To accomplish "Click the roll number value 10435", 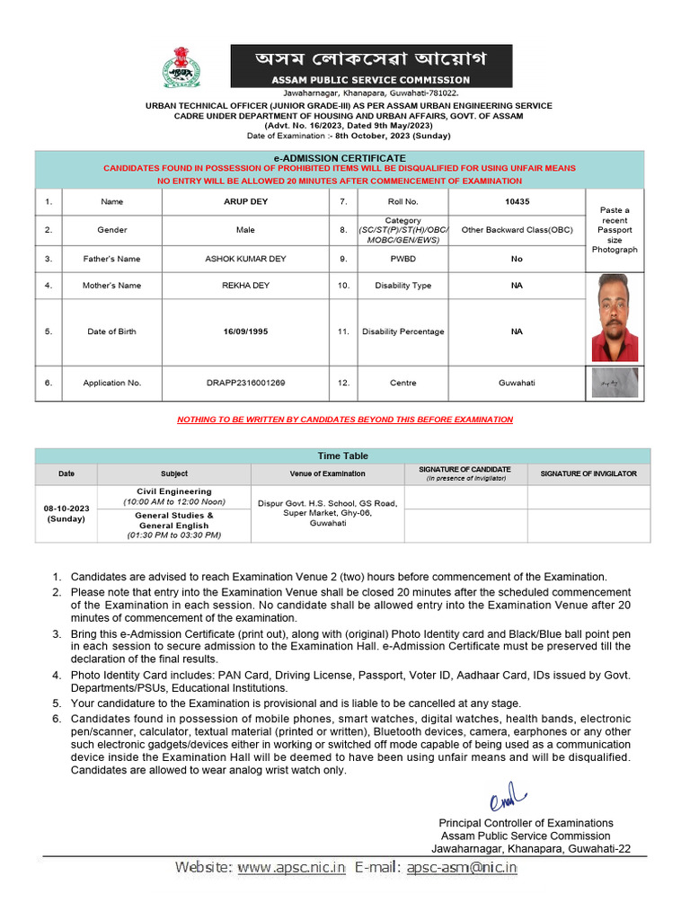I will (517, 202).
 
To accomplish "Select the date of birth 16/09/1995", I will (245, 332).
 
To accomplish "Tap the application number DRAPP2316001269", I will (245, 383).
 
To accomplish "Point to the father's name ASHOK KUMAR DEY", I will (245, 259).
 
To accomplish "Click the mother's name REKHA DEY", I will (245, 286).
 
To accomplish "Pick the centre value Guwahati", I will (517, 383).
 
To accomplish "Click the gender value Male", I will (245, 230).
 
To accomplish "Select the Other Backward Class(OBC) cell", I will (517, 230).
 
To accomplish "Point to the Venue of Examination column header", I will (327, 473).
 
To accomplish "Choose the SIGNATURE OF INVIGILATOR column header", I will (588, 473).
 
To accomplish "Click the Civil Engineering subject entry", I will (174, 491).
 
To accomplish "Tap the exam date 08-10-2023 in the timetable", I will (66, 509).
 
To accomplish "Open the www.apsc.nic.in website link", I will (291, 867).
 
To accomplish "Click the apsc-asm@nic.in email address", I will (462, 867).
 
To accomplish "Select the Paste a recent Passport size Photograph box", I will (615, 230).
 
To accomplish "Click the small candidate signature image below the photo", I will (615, 383).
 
